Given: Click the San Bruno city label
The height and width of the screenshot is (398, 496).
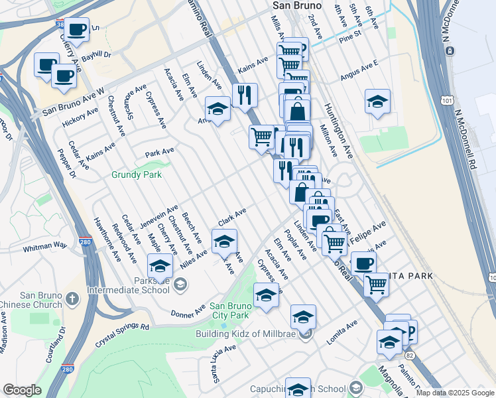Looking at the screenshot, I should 297,5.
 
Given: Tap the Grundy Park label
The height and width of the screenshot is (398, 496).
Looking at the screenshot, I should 137,175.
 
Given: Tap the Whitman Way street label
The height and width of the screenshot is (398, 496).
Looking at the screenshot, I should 45,245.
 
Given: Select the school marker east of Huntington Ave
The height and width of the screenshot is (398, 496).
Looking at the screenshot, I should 377,101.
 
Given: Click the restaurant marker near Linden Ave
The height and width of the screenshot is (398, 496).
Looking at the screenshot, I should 245,95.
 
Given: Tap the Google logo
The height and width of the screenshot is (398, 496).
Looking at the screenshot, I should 23,390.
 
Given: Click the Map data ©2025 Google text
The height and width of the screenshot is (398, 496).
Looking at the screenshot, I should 454,393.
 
